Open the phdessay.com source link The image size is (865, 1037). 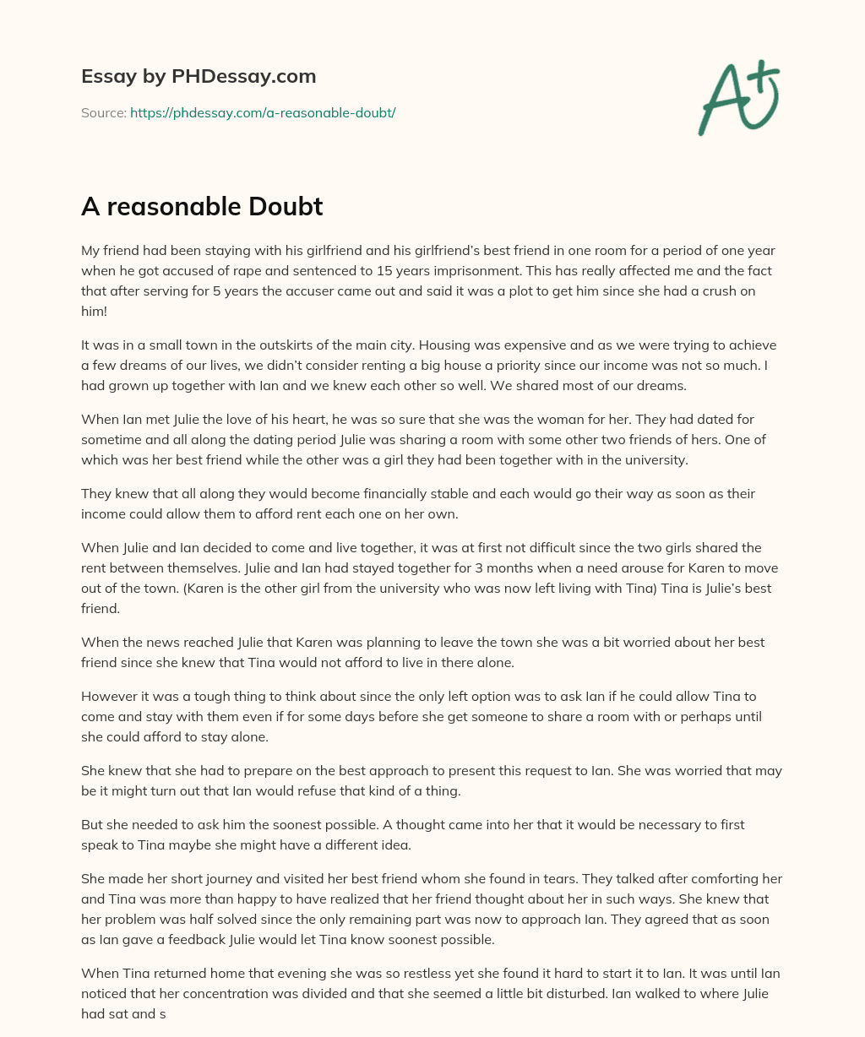tap(263, 112)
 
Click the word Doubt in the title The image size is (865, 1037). tap(283, 206)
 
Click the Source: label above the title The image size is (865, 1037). tap(104, 112)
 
